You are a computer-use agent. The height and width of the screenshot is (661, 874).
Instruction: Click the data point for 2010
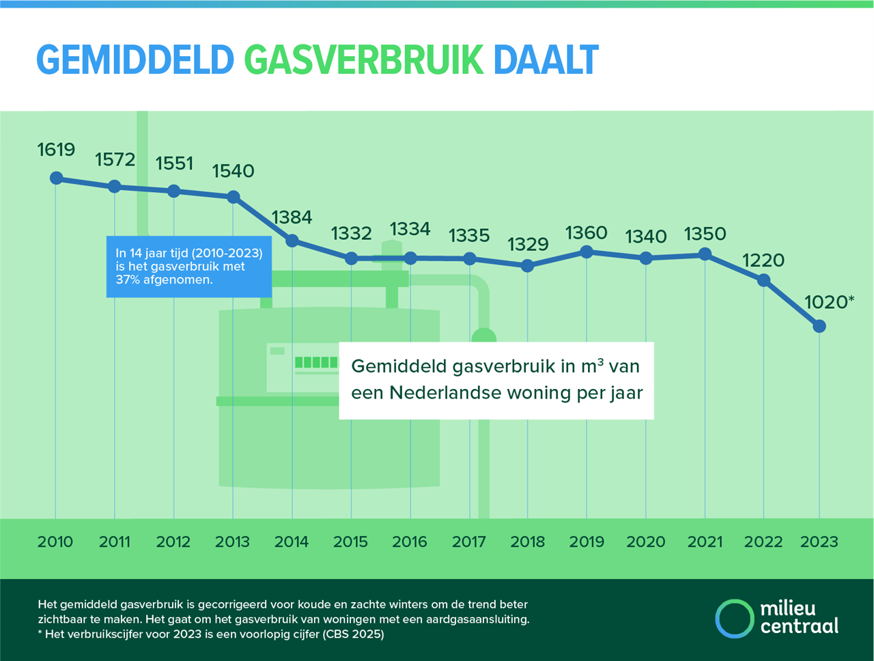57,178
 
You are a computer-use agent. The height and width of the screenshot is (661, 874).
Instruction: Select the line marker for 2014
292,241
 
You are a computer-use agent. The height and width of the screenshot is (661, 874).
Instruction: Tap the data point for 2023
819,326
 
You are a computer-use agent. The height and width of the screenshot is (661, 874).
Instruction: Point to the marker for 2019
587,252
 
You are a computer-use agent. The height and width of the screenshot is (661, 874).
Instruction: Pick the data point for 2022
763,280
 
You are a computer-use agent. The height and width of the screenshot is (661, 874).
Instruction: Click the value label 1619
56,150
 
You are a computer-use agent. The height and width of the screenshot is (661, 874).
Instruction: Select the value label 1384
292,217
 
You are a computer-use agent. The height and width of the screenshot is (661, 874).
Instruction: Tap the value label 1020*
830,302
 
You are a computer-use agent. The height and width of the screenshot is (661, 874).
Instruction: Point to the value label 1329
528,244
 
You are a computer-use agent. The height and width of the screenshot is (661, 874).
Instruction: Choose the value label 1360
586,232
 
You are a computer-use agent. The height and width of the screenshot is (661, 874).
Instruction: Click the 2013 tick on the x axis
232,542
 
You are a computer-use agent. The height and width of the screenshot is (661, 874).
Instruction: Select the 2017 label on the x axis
468,542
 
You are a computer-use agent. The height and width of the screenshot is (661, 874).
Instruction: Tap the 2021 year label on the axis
705,542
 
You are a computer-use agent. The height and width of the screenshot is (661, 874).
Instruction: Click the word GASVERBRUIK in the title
364,59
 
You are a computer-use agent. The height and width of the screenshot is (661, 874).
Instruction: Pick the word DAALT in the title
546,59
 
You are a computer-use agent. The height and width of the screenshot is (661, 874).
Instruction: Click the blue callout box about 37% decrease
189,267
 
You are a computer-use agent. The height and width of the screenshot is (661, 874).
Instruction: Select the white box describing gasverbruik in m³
496,381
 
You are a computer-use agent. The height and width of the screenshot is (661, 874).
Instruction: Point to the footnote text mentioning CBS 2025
211,634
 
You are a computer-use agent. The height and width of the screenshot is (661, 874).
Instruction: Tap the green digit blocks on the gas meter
316,362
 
